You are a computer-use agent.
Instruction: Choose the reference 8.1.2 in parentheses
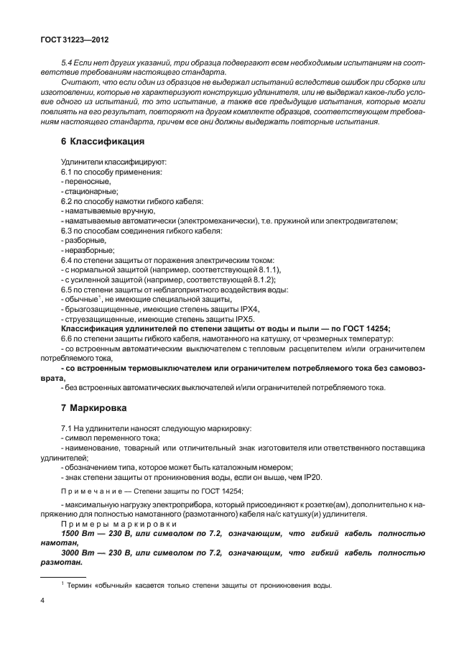coord(249,280)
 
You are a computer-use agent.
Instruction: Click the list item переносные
coord(87,183)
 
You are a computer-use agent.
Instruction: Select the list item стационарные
coord(88,192)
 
